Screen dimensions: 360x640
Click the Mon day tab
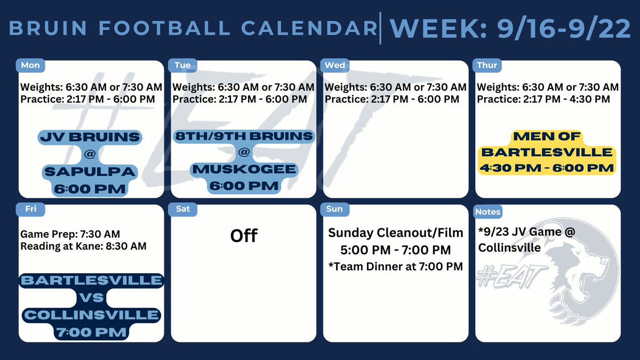pyautogui.click(x=30, y=66)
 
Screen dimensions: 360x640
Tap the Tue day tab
pyautogui.click(x=182, y=66)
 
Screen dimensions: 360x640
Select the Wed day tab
pyautogui.click(x=335, y=66)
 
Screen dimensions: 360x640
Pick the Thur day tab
pyautogui.click(x=487, y=66)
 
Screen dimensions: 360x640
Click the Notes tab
pyautogui.click(x=488, y=212)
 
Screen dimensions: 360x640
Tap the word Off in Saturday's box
pyautogui.click(x=244, y=235)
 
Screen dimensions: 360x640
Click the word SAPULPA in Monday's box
pyautogui.click(x=91, y=172)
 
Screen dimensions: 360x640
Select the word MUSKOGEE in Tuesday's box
pyautogui.click(x=244, y=170)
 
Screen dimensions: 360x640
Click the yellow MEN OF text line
pyautogui.click(x=547, y=136)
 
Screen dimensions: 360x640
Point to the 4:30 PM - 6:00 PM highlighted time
pyautogui.click(x=547, y=167)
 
